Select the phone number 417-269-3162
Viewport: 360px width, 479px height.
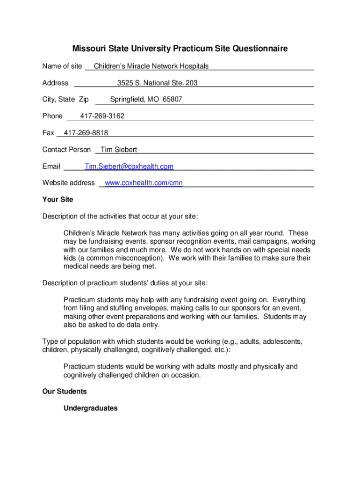point(102,116)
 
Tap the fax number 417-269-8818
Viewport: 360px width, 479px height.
point(86,133)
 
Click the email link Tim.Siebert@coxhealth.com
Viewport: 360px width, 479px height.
point(129,167)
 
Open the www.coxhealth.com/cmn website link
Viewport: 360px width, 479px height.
point(144,183)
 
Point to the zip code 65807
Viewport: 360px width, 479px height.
point(172,99)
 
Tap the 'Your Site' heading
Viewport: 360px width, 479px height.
point(58,199)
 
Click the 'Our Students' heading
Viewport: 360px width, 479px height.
point(65,391)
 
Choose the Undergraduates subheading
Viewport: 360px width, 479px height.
point(90,408)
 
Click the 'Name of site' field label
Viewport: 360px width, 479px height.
point(62,66)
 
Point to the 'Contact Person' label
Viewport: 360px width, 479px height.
point(66,150)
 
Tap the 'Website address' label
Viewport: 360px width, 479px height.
point(68,183)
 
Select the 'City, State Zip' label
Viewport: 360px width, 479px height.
point(65,99)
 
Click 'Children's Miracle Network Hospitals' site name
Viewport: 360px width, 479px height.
point(151,66)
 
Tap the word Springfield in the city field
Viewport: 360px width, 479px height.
point(127,99)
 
